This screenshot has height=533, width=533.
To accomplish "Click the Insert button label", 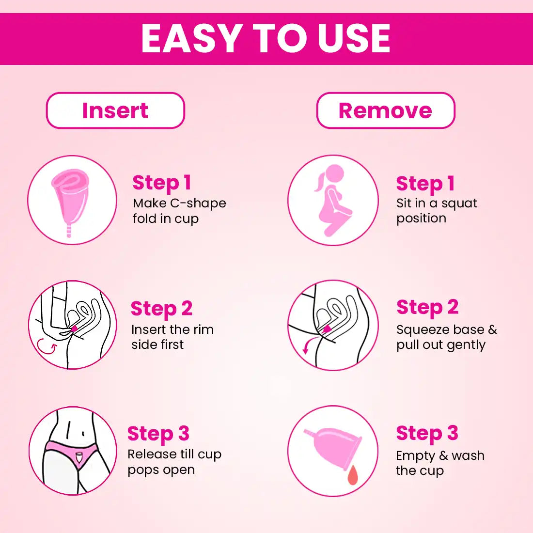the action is point(115,110).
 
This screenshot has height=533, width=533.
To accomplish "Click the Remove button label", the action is point(385,110).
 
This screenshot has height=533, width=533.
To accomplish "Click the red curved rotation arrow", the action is point(47,347).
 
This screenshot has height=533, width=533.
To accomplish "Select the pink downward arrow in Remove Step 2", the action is point(307,345).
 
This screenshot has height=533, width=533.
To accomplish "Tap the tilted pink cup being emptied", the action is point(333,448).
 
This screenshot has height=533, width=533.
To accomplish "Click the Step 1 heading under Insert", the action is point(162,183).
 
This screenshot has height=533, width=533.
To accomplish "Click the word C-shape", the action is point(198,204).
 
